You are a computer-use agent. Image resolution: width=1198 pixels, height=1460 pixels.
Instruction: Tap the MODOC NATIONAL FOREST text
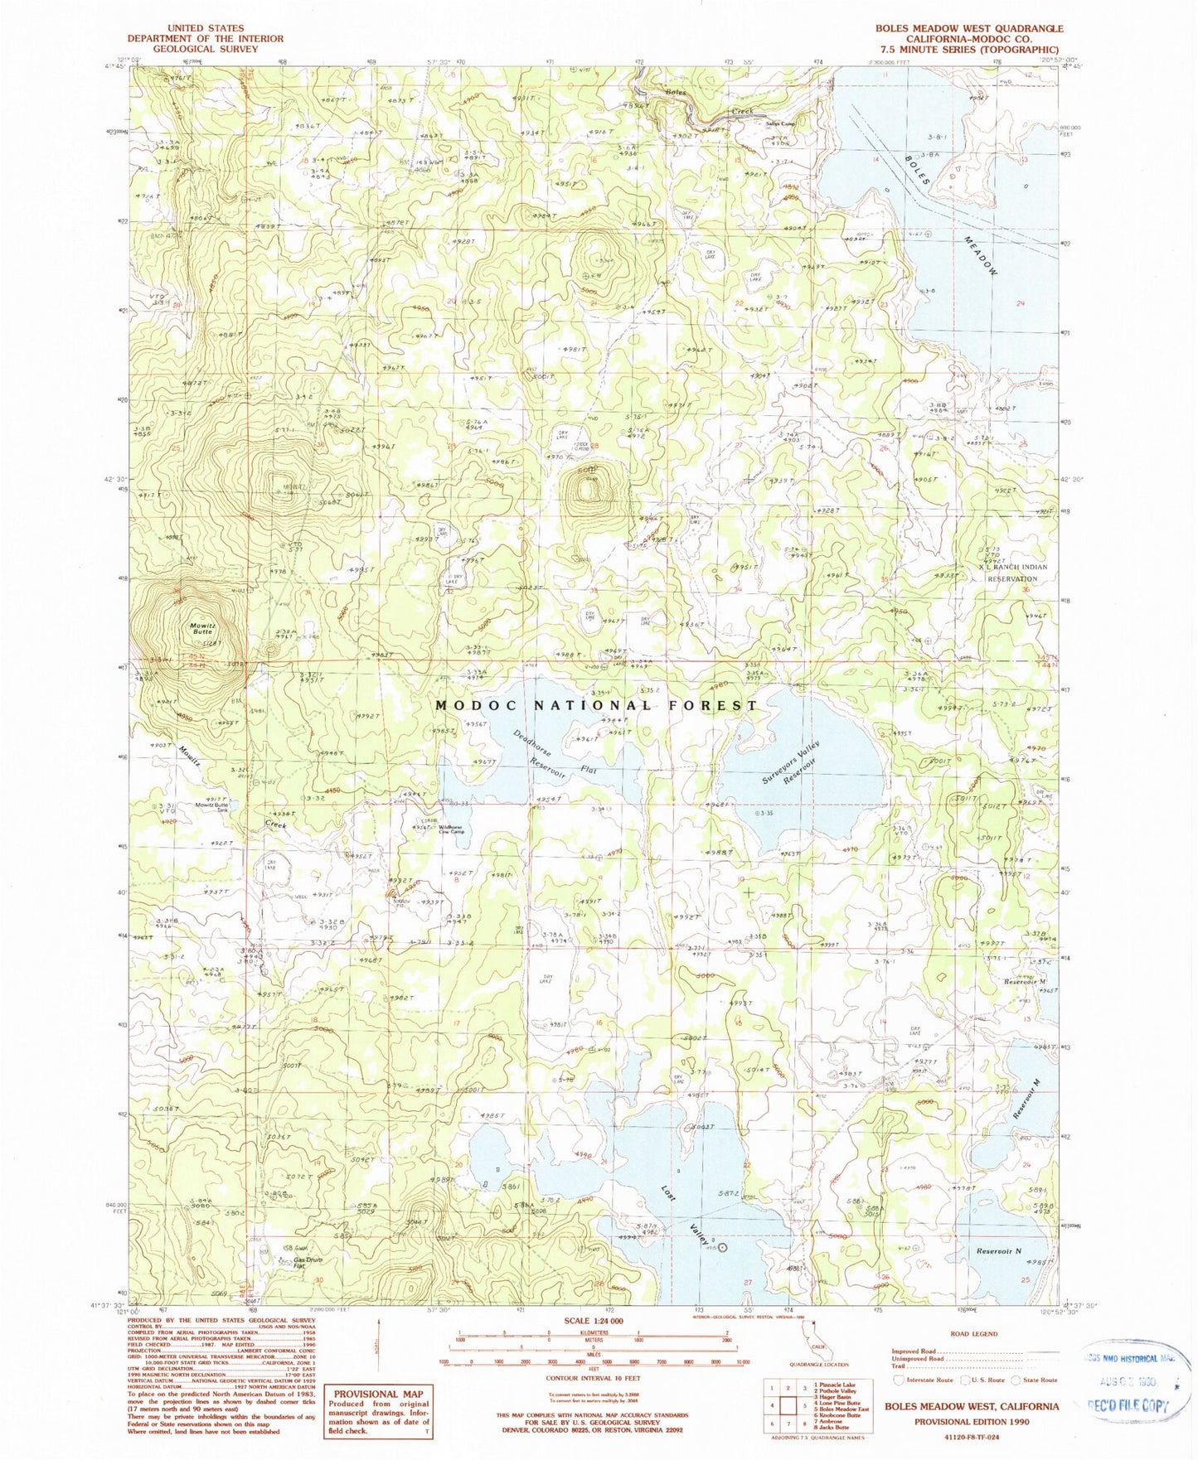pos(596,705)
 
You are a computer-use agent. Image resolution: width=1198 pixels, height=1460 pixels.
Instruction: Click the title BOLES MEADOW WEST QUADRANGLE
pos(969,28)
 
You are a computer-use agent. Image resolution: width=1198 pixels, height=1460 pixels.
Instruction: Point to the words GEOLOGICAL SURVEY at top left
pos(204,49)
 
